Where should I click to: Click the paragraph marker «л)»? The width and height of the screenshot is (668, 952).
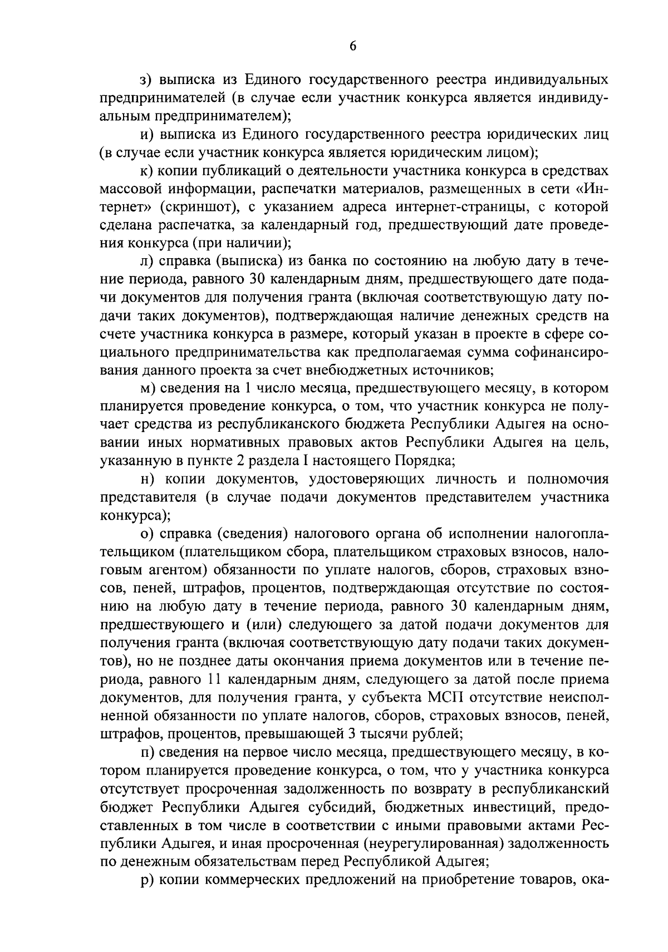coord(147,261)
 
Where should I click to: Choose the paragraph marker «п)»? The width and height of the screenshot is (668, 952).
coord(147,753)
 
